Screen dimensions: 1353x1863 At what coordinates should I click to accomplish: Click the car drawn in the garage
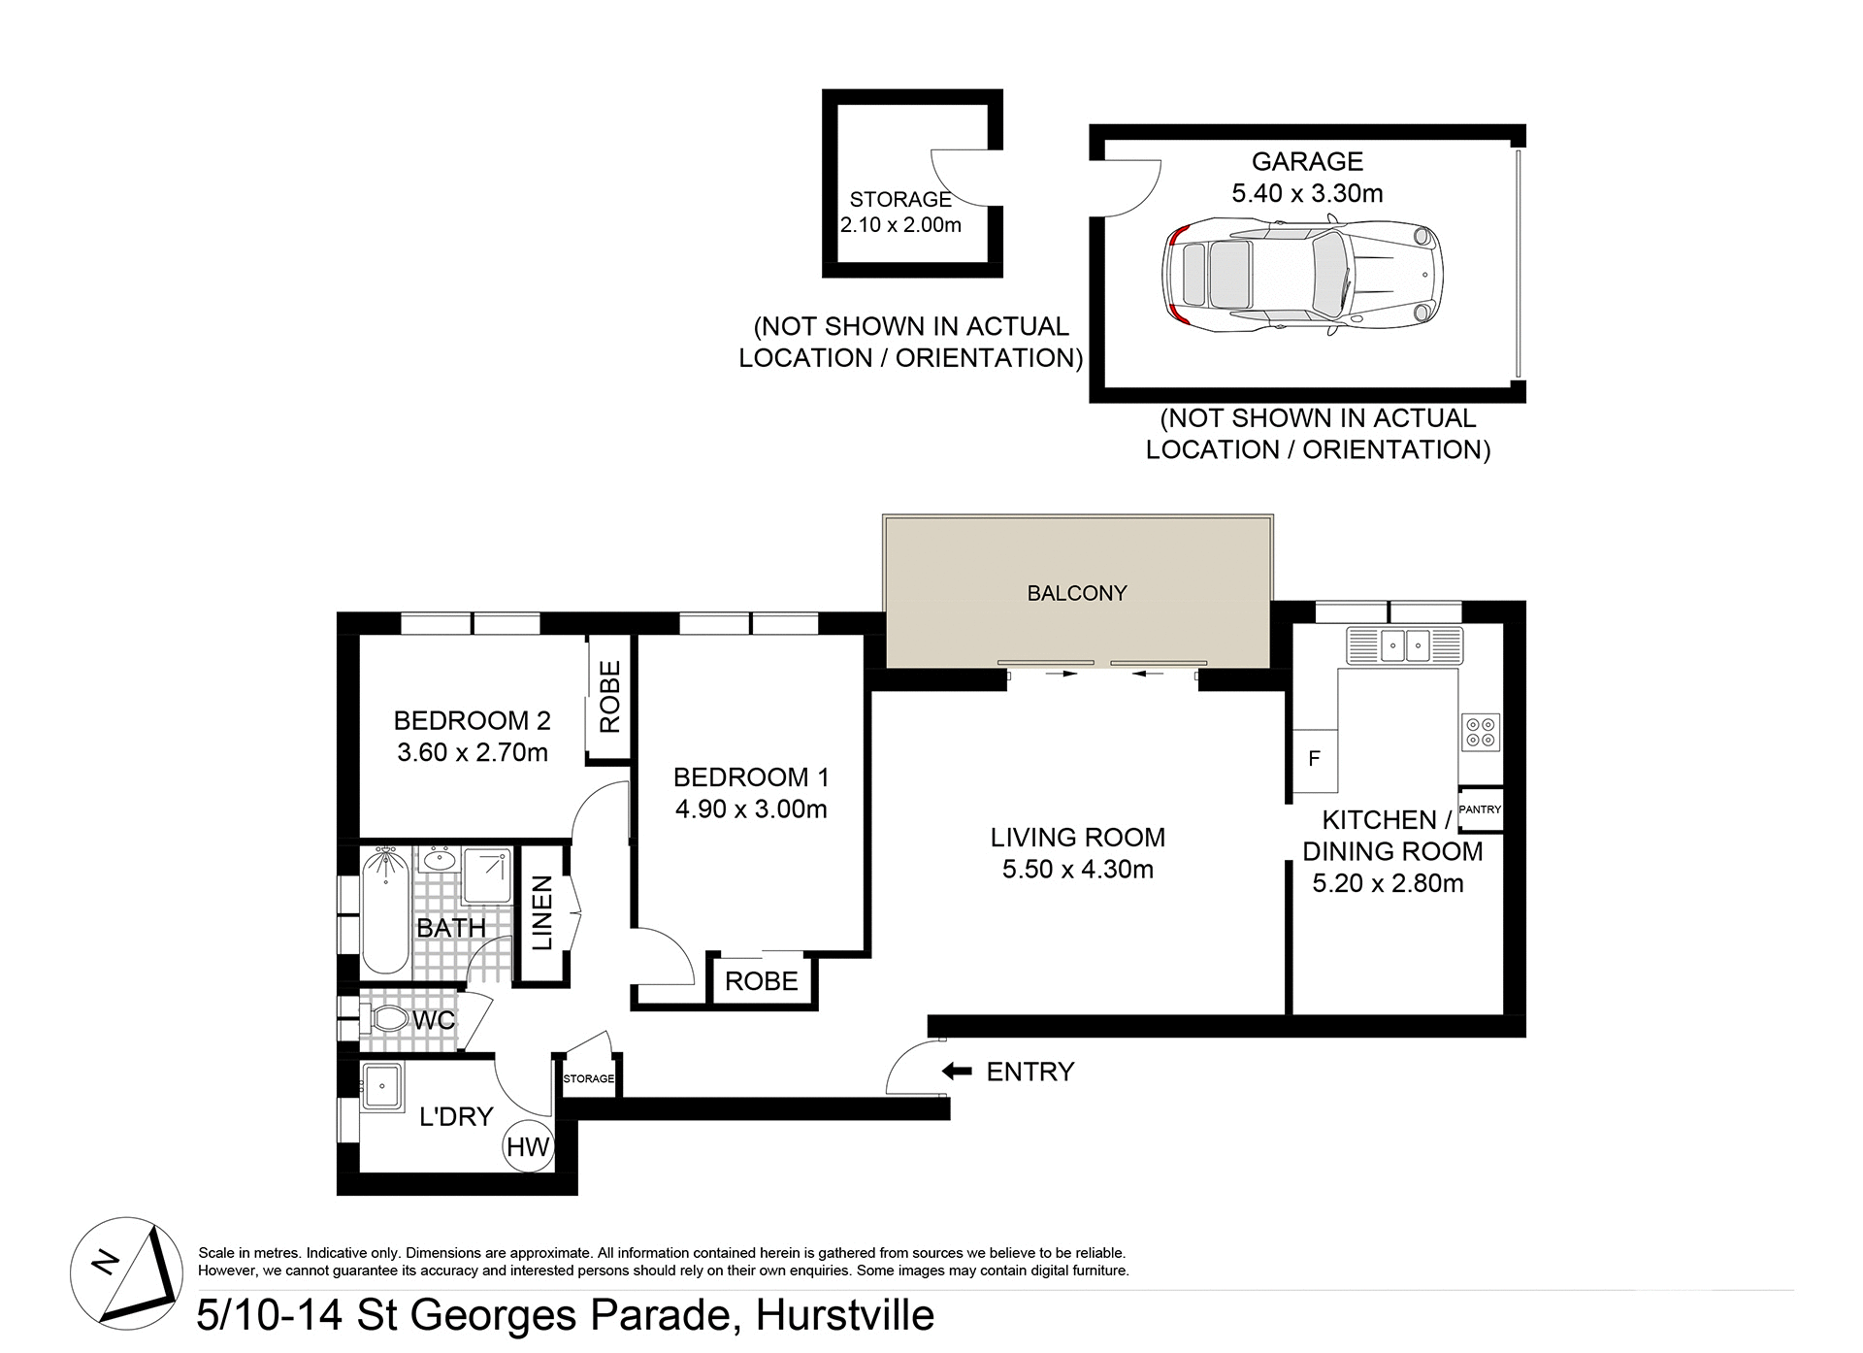pyautogui.click(x=1302, y=277)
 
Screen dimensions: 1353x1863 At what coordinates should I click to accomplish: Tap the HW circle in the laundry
pyautogui.click(x=528, y=1146)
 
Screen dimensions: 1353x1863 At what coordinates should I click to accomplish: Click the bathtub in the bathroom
pyautogui.click(x=385, y=909)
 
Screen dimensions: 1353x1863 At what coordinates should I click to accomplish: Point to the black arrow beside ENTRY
pyautogui.click(x=957, y=1071)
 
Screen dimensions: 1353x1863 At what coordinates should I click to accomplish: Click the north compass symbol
pyautogui.click(x=127, y=1272)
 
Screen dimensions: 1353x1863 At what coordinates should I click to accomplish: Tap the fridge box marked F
pyautogui.click(x=1315, y=759)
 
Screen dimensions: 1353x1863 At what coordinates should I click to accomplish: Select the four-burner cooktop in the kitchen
pyautogui.click(x=1481, y=732)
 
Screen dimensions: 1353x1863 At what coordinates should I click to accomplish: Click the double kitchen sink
pyautogui.click(x=1405, y=644)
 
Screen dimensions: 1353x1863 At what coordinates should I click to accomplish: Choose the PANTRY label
pyautogui.click(x=1480, y=808)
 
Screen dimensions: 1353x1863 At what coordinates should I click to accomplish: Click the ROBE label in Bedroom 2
pyautogui.click(x=609, y=697)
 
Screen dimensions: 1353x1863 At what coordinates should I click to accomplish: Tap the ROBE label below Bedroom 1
pyautogui.click(x=761, y=981)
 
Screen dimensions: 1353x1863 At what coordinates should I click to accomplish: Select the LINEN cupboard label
pyautogui.click(x=541, y=912)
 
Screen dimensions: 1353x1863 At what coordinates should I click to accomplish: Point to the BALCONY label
pyautogui.click(x=1077, y=593)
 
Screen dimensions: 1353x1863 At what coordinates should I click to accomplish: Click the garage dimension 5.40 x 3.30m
pyautogui.click(x=1307, y=193)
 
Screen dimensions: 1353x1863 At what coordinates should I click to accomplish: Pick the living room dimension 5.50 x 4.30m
pyautogui.click(x=1077, y=869)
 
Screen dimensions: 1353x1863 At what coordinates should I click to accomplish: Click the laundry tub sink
pyautogui.click(x=381, y=1086)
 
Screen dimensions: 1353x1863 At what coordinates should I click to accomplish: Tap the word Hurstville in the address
pyautogui.click(x=844, y=1315)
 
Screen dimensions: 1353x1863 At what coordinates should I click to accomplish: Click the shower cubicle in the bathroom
pyautogui.click(x=487, y=874)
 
